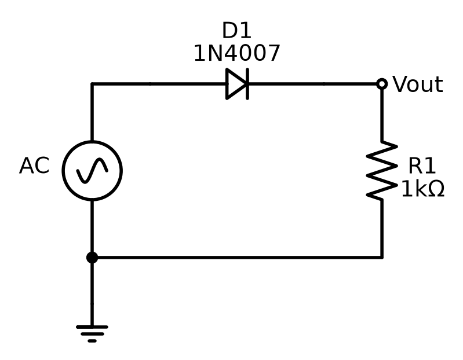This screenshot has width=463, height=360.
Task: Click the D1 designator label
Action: [236, 30]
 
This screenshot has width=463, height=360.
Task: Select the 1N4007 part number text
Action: [237, 53]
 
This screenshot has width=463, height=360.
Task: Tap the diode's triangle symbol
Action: [235, 84]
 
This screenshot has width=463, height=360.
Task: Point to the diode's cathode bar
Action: [247, 84]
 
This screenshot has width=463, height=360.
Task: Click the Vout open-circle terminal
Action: [382, 84]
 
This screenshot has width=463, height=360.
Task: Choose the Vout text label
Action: [418, 85]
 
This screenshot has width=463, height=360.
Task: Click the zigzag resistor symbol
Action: [382, 171]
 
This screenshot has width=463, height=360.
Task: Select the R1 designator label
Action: [422, 166]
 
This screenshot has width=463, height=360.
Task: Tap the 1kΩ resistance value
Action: [423, 189]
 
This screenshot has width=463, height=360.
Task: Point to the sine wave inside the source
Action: [92, 170]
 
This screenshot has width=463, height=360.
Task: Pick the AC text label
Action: [34, 166]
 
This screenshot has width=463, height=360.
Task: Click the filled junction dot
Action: [92, 258]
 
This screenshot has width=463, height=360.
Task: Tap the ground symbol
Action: [92, 334]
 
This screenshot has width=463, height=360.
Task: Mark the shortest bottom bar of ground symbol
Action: [92, 341]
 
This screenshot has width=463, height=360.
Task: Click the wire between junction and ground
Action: [92, 292]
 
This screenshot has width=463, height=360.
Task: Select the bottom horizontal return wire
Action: [237, 258]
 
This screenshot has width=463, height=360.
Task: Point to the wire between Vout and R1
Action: [382, 115]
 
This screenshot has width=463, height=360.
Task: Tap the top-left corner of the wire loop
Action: [92, 84]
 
